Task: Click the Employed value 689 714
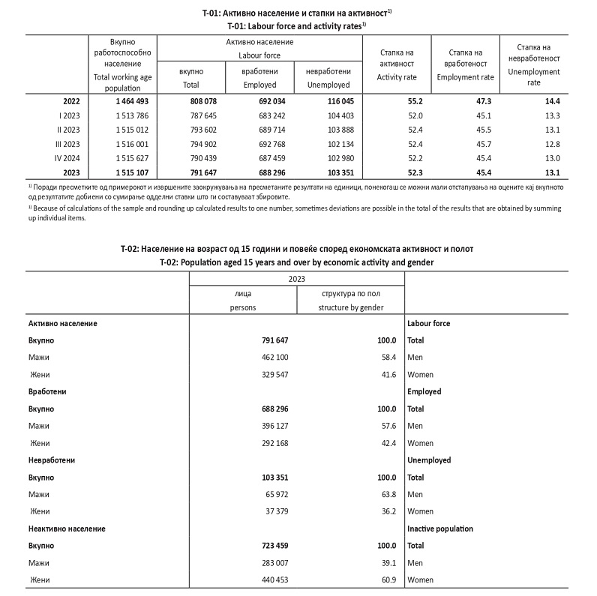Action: pyautogui.click(x=262, y=130)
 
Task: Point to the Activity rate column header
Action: pyautogui.click(x=397, y=64)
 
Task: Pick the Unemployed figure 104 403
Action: pyautogui.click(x=322, y=115)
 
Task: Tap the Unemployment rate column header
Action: pyautogui.click(x=534, y=65)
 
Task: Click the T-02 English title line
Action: pyautogui.click(x=297, y=262)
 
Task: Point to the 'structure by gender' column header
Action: pyautogui.click(x=350, y=307)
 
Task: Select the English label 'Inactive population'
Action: pyautogui.click(x=440, y=529)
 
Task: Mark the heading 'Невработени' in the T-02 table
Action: pyautogui.click(x=52, y=460)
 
